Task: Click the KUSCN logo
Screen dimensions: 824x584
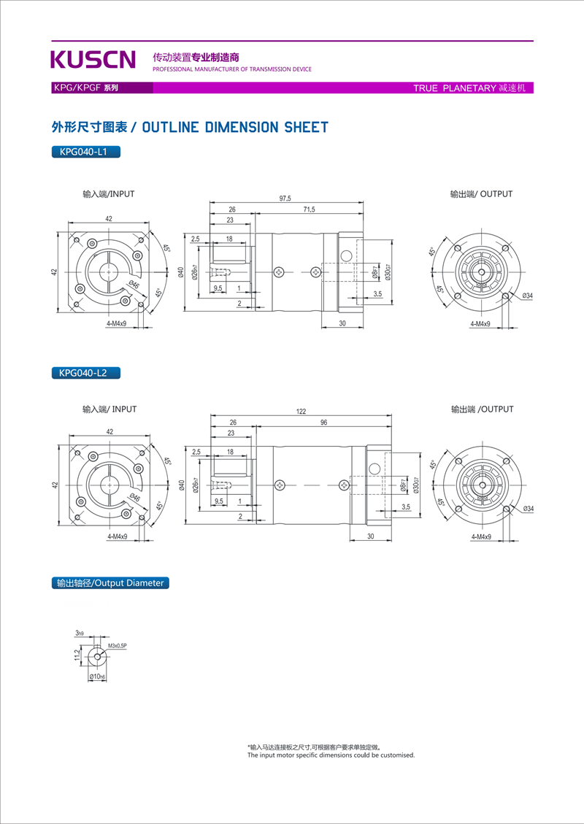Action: tap(93, 59)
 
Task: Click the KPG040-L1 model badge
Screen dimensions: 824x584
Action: tap(85, 153)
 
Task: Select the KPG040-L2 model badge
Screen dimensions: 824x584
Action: tap(85, 373)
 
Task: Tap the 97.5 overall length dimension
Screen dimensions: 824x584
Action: tap(285, 199)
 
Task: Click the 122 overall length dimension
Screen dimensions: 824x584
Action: tap(301, 412)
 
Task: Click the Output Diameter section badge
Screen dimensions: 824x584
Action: tap(111, 583)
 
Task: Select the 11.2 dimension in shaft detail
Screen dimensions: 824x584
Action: tap(77, 655)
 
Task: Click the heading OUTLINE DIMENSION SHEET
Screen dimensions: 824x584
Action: tap(190, 128)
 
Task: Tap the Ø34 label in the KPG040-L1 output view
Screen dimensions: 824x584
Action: tap(527, 296)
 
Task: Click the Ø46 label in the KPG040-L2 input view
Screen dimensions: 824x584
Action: tap(137, 498)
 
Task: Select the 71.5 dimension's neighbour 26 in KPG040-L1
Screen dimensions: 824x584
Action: tap(232, 210)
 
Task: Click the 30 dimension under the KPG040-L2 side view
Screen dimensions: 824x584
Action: tap(370, 536)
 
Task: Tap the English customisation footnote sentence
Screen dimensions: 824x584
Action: tap(331, 755)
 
